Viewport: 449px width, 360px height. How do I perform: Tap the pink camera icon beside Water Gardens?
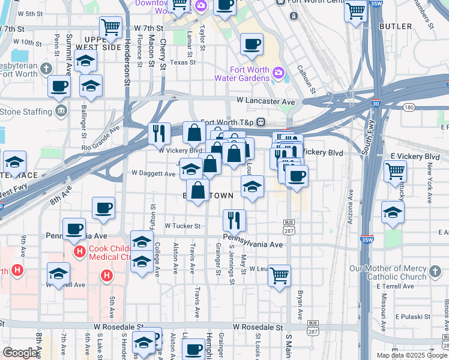point(278,74)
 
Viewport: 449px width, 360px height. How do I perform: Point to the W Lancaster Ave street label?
point(265,102)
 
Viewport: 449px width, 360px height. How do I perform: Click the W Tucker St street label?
point(182,226)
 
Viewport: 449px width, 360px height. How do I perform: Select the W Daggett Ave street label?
point(153,173)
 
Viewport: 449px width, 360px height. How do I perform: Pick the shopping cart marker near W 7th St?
point(110,26)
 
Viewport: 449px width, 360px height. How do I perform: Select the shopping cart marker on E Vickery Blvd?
point(395,171)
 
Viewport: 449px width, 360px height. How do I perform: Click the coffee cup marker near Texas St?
point(251,44)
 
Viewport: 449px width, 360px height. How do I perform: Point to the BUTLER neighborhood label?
point(396,26)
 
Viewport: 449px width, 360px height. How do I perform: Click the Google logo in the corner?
point(20,353)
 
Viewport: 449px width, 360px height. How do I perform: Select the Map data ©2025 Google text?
point(411,355)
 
